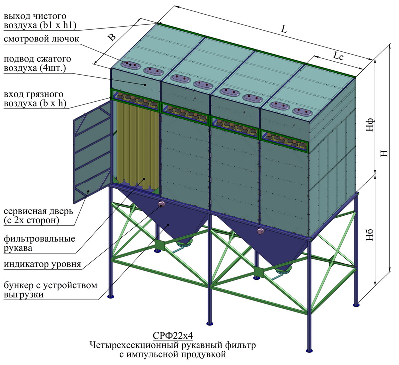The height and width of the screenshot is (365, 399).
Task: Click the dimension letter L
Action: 284,29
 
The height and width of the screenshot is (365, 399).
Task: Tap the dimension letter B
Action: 111,37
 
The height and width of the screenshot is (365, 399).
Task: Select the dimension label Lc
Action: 338,56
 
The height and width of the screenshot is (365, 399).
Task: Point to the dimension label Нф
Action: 370,124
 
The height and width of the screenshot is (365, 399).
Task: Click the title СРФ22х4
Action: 173,336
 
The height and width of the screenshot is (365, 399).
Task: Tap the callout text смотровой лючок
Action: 41,39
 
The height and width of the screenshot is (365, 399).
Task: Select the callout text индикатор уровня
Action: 42,264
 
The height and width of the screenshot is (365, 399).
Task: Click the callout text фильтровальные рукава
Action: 39,243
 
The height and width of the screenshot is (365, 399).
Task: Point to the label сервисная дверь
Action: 38,211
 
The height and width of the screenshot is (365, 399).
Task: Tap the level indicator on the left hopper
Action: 161,204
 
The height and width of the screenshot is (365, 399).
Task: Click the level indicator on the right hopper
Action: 260,231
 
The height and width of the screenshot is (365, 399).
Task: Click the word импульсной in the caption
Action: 152,354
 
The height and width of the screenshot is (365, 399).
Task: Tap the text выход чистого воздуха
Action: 40,21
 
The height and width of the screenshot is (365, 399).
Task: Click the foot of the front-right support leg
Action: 309,350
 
